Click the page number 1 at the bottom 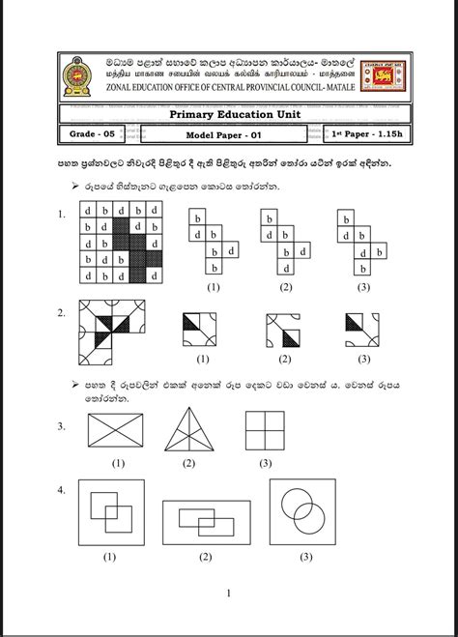click(228, 594)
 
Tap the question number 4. click(61, 490)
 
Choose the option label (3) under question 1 click(364, 287)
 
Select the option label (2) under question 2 click(284, 359)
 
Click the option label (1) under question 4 click(110, 556)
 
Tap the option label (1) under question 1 click(214, 287)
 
